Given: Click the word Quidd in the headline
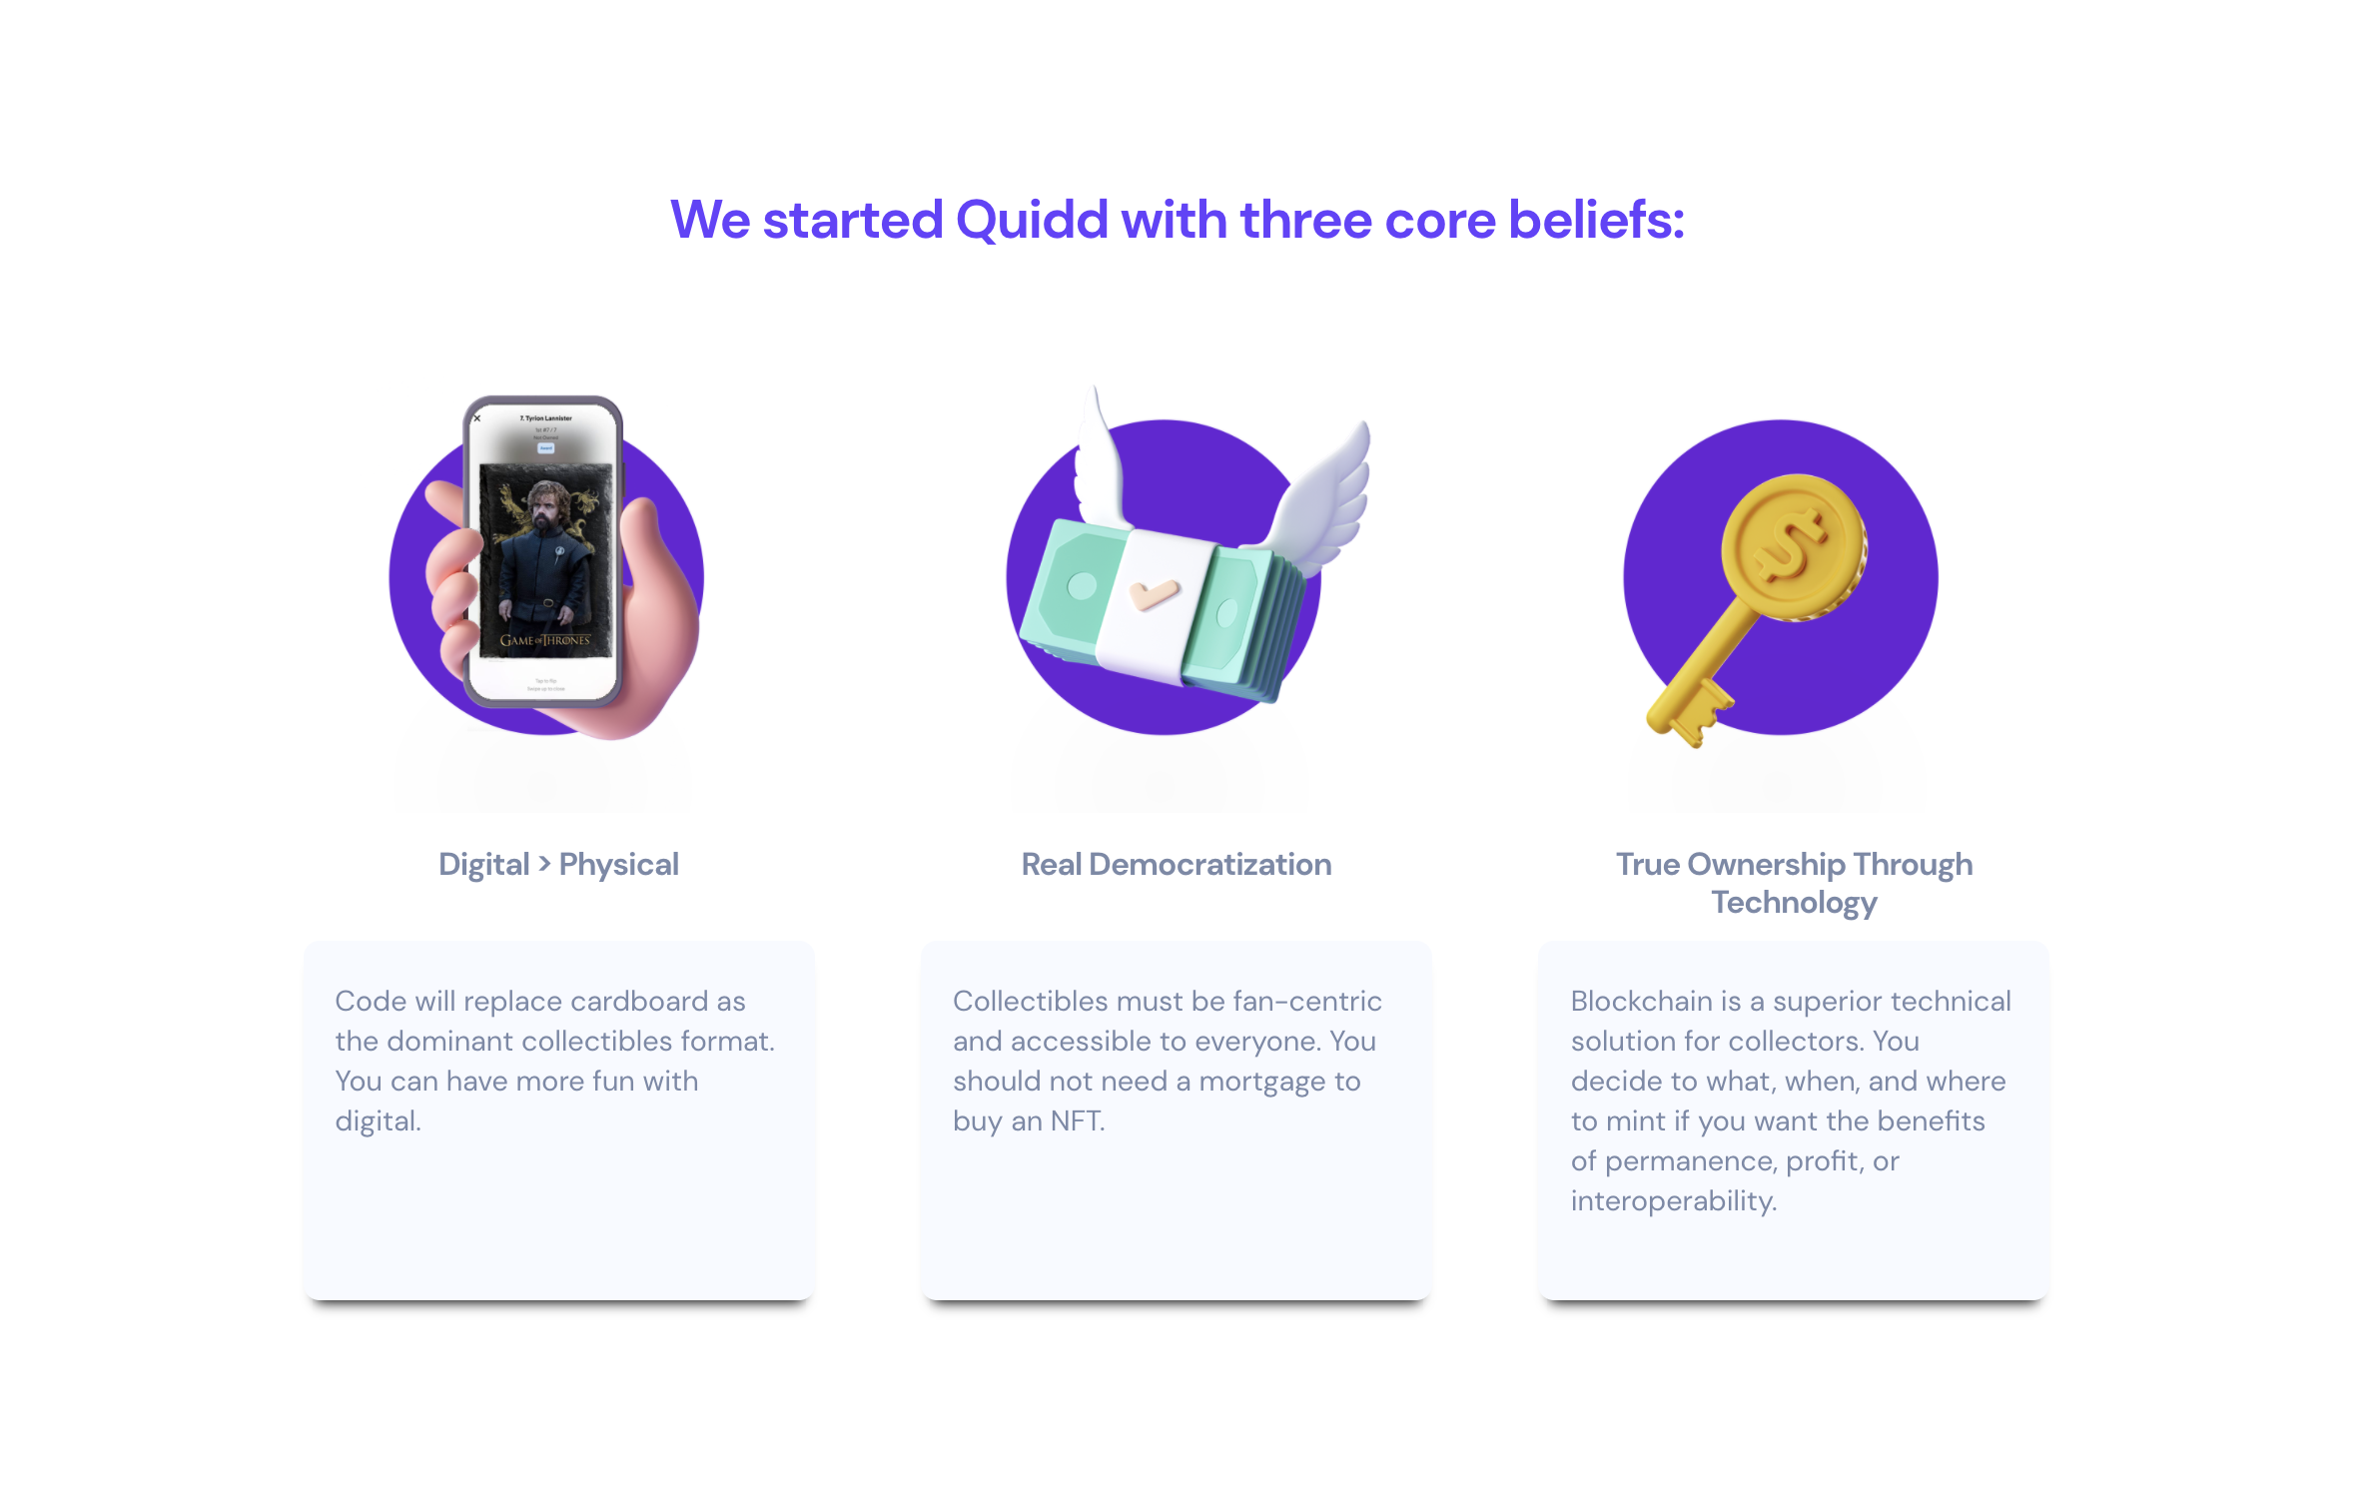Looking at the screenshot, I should point(1032,221).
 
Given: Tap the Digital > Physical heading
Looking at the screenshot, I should point(558,864).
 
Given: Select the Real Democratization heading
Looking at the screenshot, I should point(1176,864).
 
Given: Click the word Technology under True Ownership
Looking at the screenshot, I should point(1794,903).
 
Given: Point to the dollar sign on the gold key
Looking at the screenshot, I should point(1793,545).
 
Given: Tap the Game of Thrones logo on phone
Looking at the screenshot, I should point(545,640).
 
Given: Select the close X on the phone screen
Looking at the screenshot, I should point(477,418).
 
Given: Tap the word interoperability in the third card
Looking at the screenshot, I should point(1673,1201).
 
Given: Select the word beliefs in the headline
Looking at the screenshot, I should point(1596,221).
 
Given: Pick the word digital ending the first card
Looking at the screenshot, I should point(378,1121).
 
